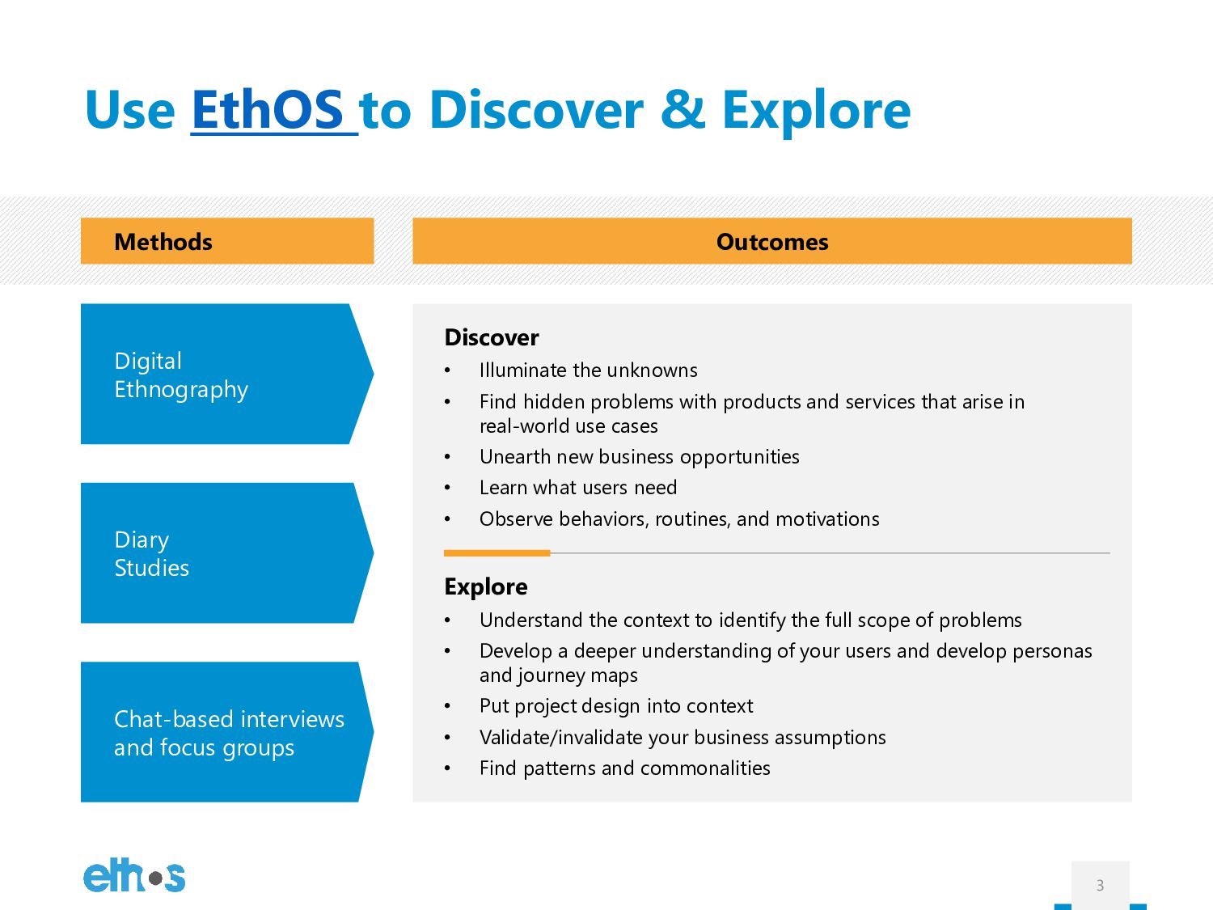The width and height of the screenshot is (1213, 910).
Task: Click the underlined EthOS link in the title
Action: (x=274, y=111)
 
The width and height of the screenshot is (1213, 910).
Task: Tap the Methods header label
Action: (x=163, y=241)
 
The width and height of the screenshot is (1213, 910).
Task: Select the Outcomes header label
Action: (x=772, y=241)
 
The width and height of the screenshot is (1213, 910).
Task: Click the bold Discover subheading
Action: (x=492, y=337)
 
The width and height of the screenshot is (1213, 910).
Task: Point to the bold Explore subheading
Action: (x=486, y=586)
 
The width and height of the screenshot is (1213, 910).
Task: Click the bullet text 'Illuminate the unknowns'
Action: (x=588, y=370)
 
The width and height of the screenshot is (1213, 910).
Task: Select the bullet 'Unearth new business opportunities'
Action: (x=640, y=457)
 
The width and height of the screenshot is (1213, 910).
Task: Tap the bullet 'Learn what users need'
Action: (x=578, y=488)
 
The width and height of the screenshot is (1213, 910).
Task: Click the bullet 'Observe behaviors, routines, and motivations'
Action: (x=679, y=519)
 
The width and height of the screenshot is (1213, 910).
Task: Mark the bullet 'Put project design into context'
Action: (x=616, y=706)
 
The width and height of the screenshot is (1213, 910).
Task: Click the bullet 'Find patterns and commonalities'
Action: (x=624, y=768)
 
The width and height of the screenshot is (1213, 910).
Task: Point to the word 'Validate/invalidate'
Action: (x=560, y=738)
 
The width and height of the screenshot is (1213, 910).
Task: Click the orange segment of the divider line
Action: (x=497, y=553)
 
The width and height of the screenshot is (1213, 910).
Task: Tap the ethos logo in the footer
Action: (x=134, y=875)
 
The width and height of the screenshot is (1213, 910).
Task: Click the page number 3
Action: (x=1100, y=885)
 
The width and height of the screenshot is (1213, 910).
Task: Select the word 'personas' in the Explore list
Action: (x=1052, y=651)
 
